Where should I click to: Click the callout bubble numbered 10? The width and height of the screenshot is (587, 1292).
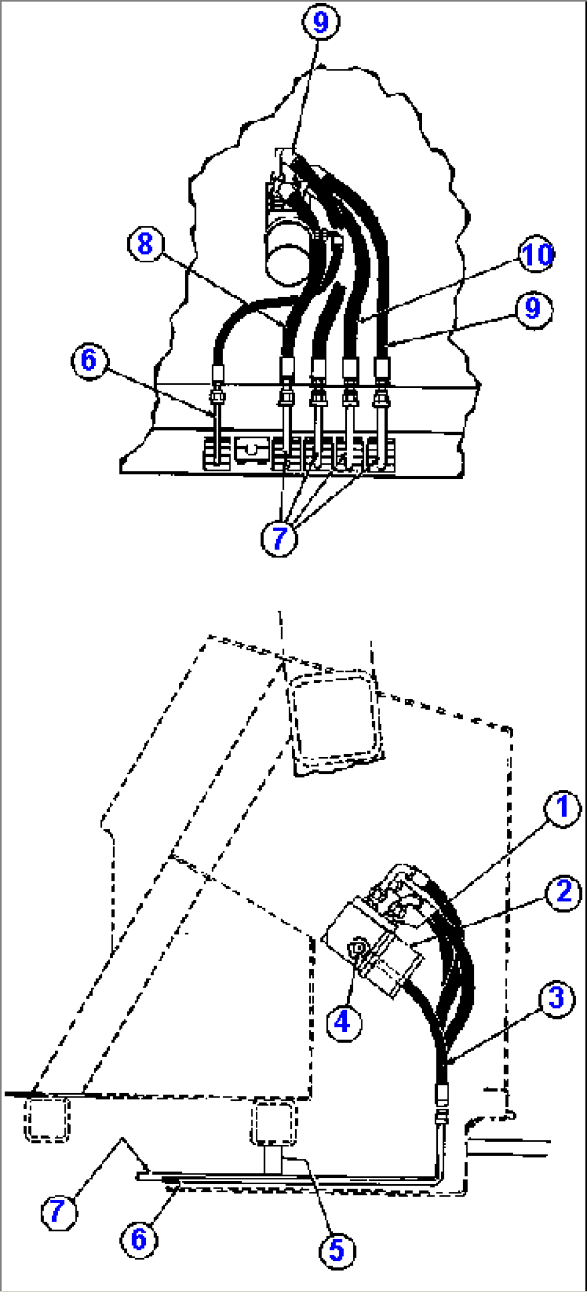pos(536,254)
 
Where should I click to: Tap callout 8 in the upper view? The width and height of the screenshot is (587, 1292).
pos(145,244)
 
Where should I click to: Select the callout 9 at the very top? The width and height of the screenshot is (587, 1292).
pos(320,22)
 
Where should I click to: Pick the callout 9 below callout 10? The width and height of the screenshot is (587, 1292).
pos(533,308)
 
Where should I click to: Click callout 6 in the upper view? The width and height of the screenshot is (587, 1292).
pos(89,360)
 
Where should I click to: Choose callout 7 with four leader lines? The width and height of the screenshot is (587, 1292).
pos(279,538)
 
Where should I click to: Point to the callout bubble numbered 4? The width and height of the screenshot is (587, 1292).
pos(343,1022)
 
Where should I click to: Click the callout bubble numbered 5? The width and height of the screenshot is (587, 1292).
pos(337,1250)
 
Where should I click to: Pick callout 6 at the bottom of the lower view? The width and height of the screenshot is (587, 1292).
pos(139,1239)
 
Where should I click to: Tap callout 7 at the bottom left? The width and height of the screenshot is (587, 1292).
pos(58,1213)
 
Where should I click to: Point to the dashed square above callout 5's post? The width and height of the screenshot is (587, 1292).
pos(274,1122)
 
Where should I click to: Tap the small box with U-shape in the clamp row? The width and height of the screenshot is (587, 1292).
pos(251,449)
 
